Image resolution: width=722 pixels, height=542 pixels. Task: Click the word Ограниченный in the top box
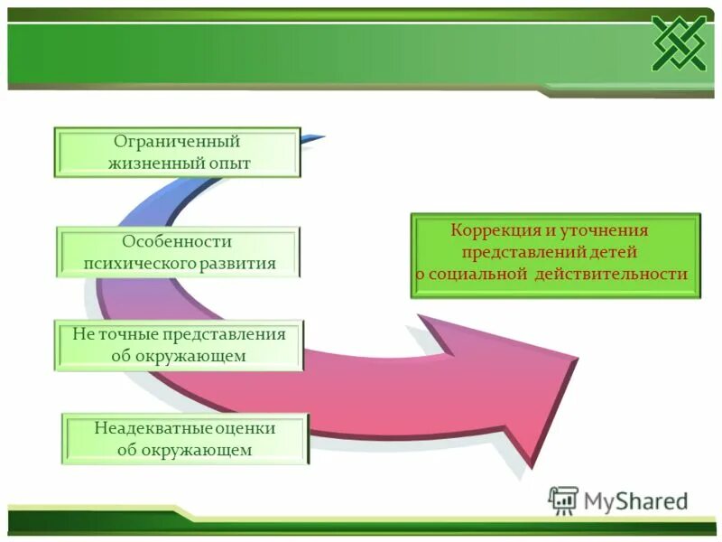[176, 142]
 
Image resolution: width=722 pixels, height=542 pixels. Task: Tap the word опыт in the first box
[226, 164]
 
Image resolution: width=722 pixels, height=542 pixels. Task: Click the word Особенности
[178, 242]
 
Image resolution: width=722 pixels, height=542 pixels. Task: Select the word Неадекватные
[143, 427]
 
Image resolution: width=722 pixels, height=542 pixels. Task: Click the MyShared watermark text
[635, 500]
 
